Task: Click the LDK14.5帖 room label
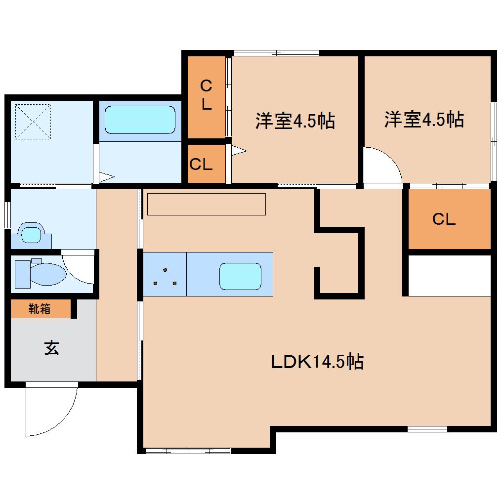(x=317, y=362)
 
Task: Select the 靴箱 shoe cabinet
(x=40, y=309)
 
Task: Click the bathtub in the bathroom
(x=140, y=119)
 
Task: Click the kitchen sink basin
(x=240, y=276)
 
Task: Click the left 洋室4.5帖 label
(x=295, y=121)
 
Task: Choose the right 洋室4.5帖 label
(x=424, y=120)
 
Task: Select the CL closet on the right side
(x=444, y=219)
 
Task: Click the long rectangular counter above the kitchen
(x=207, y=204)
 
